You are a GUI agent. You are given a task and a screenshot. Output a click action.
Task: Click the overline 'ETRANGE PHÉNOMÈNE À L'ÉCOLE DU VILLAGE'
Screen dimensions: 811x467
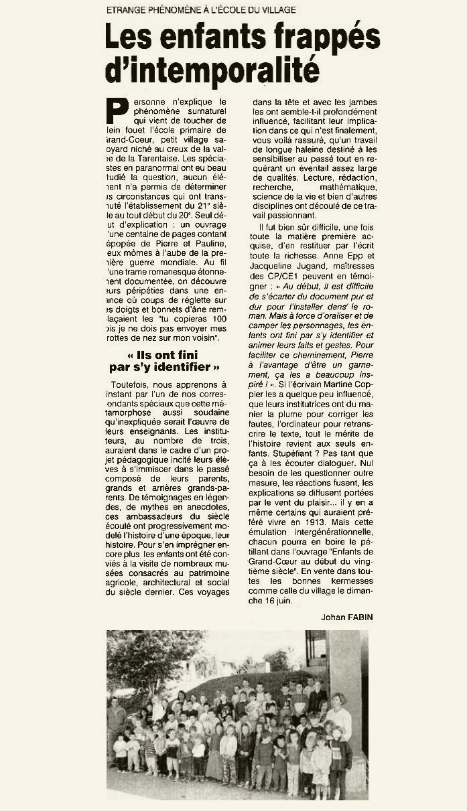point(201,10)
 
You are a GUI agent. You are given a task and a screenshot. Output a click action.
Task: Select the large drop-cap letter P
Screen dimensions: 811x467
point(118,112)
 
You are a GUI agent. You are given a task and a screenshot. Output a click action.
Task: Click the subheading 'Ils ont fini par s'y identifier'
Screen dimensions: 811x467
point(165,361)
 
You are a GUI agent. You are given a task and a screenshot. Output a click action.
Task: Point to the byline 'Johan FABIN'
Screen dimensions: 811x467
point(346,617)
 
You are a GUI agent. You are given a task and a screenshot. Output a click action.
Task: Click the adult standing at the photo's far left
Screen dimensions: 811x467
point(117,727)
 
